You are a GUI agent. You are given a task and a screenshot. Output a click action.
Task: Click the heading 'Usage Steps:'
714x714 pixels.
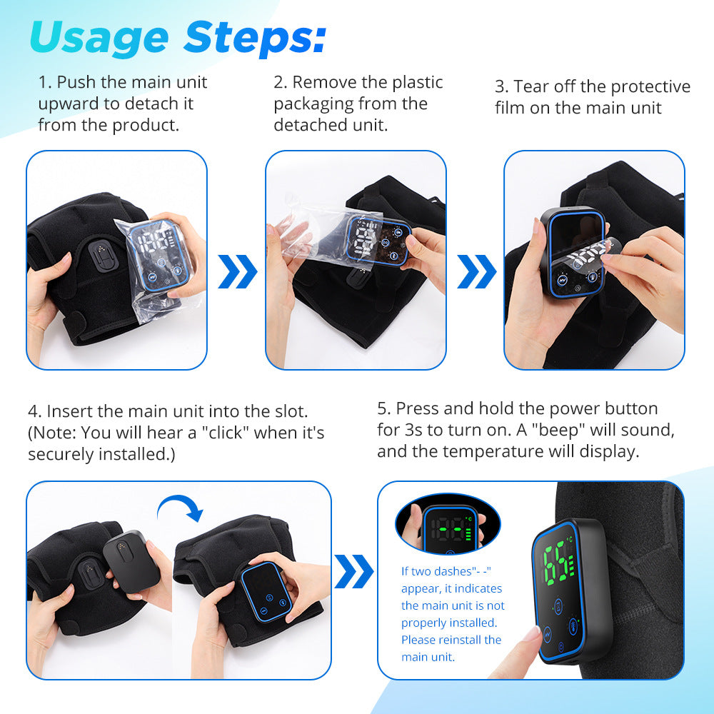[177, 37]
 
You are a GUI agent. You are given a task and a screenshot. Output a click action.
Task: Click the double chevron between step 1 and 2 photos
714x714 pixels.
[236, 272]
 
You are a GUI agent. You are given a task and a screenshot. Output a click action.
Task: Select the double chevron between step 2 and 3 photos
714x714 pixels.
[476, 272]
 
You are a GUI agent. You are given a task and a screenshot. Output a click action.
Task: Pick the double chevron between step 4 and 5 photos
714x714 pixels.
[353, 570]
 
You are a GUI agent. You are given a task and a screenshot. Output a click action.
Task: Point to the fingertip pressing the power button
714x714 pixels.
[531, 634]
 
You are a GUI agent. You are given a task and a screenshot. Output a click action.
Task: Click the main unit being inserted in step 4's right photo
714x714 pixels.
[266, 595]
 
